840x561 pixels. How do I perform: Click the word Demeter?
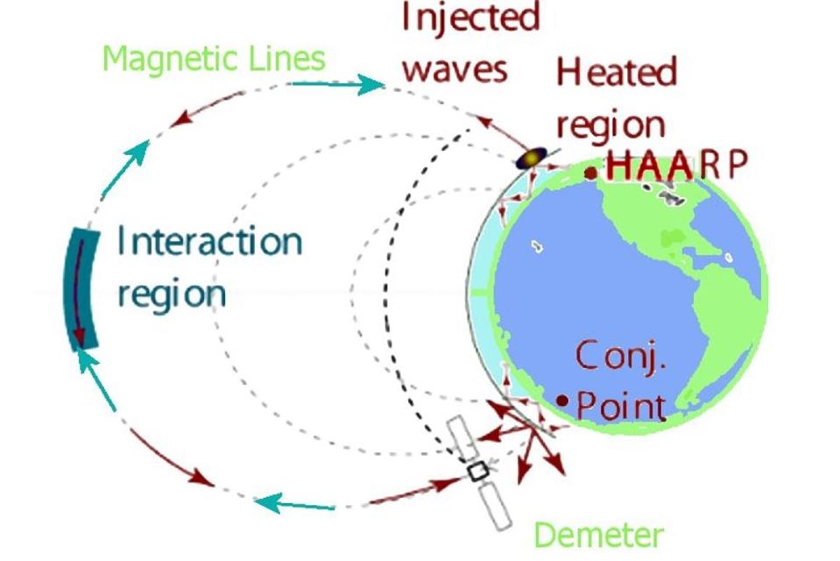pos(598,534)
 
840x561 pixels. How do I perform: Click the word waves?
pos(455,67)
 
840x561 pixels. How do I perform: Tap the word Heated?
pos(617,72)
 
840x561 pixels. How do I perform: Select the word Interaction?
pos(209,241)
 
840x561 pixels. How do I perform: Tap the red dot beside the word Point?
pos(562,401)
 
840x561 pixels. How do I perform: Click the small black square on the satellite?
pos(477,472)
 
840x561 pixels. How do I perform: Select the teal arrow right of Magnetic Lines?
pos(337,84)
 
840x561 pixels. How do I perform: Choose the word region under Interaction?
pos(171,294)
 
